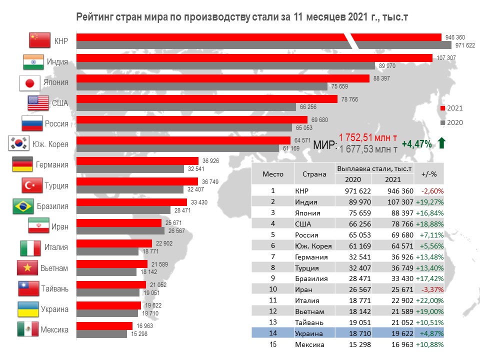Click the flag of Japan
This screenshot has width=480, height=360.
[29, 83]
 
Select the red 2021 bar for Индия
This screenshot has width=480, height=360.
[254, 58]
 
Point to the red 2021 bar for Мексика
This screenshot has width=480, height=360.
[104, 326]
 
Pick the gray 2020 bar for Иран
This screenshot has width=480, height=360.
[120, 231]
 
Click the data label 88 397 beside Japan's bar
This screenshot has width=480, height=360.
[382, 78]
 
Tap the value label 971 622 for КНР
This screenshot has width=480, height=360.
[464, 45]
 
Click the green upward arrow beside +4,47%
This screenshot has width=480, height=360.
[441, 144]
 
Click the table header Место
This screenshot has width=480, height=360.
[273, 174]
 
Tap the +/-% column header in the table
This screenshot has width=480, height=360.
[429, 174]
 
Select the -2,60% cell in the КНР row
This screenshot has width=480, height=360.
[432, 190]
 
